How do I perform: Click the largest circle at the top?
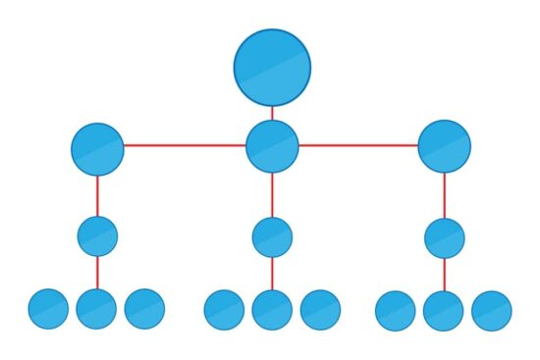click(x=272, y=68)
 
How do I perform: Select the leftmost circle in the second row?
click(x=97, y=149)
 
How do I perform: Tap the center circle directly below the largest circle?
click(x=272, y=146)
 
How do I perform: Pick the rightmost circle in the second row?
click(x=444, y=146)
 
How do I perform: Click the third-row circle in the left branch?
click(x=97, y=236)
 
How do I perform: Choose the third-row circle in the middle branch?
click(x=272, y=237)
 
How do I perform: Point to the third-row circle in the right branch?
click(x=444, y=238)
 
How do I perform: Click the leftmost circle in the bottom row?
click(x=48, y=309)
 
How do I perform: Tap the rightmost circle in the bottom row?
click(x=492, y=311)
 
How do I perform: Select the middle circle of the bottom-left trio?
click(x=96, y=309)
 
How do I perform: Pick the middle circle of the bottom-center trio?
click(x=272, y=310)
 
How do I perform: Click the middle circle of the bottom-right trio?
click(x=443, y=311)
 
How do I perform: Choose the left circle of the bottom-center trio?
click(x=224, y=310)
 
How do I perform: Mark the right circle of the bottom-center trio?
click(x=320, y=310)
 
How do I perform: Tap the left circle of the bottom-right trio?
click(x=395, y=311)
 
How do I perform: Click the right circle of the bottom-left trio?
click(x=144, y=309)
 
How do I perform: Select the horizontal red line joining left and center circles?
click(x=185, y=145)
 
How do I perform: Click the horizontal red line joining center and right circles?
click(x=358, y=145)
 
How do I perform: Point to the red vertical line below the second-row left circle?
click(x=97, y=196)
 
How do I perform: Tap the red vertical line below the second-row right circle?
click(x=444, y=195)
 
